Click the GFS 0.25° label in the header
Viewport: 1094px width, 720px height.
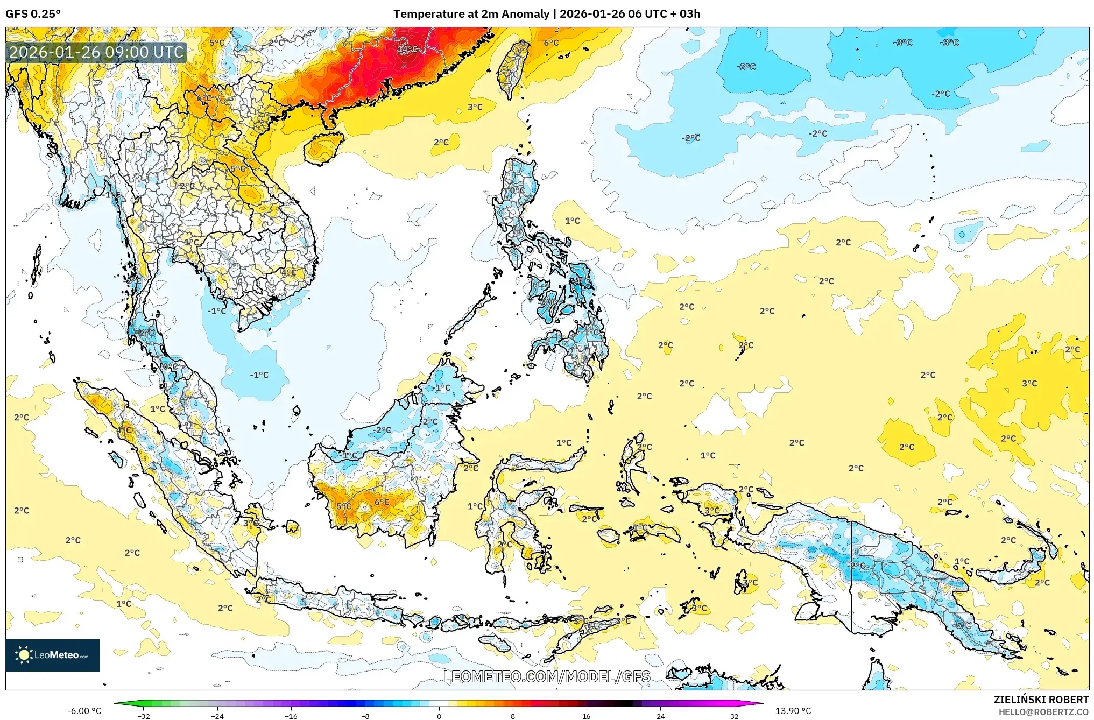pos(33,14)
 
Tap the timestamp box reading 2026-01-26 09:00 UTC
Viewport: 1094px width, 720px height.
pos(97,52)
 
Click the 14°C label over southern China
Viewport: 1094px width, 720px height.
pos(407,49)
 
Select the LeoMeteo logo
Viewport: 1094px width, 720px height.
pos(53,655)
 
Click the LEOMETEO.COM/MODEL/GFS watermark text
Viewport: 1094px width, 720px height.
pos(547,676)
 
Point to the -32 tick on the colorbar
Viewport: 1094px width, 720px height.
pos(144,716)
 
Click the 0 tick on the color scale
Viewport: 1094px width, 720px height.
pos(439,716)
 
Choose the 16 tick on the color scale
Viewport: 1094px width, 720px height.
pos(587,716)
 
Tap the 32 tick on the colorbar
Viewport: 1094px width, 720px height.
pos(734,716)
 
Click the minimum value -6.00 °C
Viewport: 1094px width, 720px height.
pos(84,711)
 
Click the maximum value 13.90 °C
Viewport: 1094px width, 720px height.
pos(793,711)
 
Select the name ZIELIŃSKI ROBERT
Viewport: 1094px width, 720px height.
pos(1041,700)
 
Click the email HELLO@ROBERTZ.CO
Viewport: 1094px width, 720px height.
pos(1043,712)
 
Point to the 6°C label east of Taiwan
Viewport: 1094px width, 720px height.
pos(551,43)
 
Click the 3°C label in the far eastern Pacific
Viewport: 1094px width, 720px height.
pos(1029,383)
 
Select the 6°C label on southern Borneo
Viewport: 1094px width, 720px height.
pos(382,502)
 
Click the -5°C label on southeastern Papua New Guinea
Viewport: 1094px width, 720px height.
pos(963,625)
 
